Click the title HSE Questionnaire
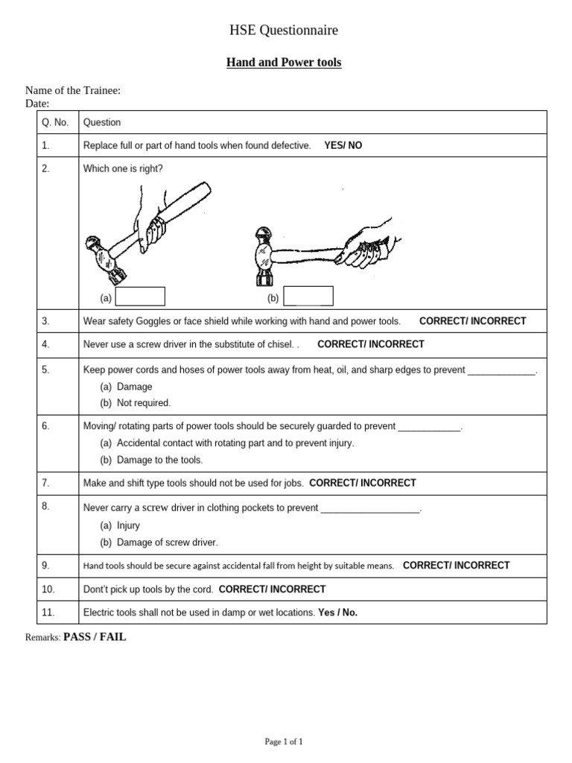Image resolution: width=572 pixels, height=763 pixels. (x=284, y=31)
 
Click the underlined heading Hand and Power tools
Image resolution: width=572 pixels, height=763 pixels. (x=284, y=63)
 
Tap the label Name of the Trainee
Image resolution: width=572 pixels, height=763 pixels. (x=73, y=91)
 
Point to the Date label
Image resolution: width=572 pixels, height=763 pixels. (x=37, y=104)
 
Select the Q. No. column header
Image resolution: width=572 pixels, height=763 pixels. (x=57, y=122)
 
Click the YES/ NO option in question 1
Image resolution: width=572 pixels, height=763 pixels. (x=343, y=145)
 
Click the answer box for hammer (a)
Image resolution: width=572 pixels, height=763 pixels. (x=140, y=297)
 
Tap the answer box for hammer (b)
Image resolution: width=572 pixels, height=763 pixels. (x=308, y=297)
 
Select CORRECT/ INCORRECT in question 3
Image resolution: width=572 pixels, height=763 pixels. (x=472, y=321)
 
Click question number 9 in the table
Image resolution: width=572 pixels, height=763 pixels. (x=46, y=566)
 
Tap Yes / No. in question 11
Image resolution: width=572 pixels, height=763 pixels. (x=337, y=612)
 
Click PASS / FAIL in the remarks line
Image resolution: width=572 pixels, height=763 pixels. (x=95, y=637)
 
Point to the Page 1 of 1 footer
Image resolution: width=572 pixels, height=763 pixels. (x=284, y=741)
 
